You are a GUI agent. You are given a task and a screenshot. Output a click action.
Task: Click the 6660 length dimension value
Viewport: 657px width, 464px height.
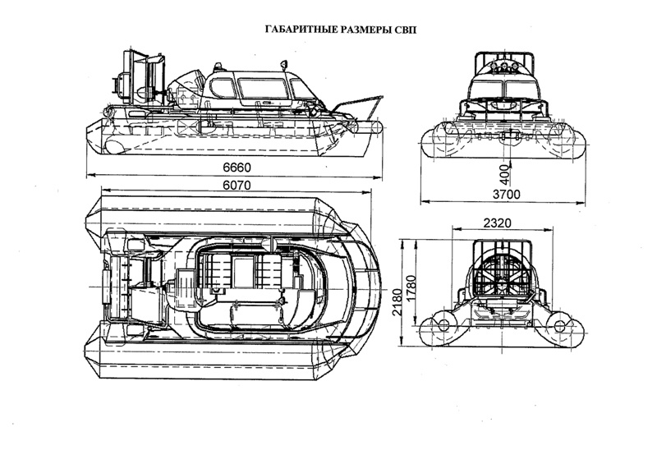pyautogui.click(x=235, y=168)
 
